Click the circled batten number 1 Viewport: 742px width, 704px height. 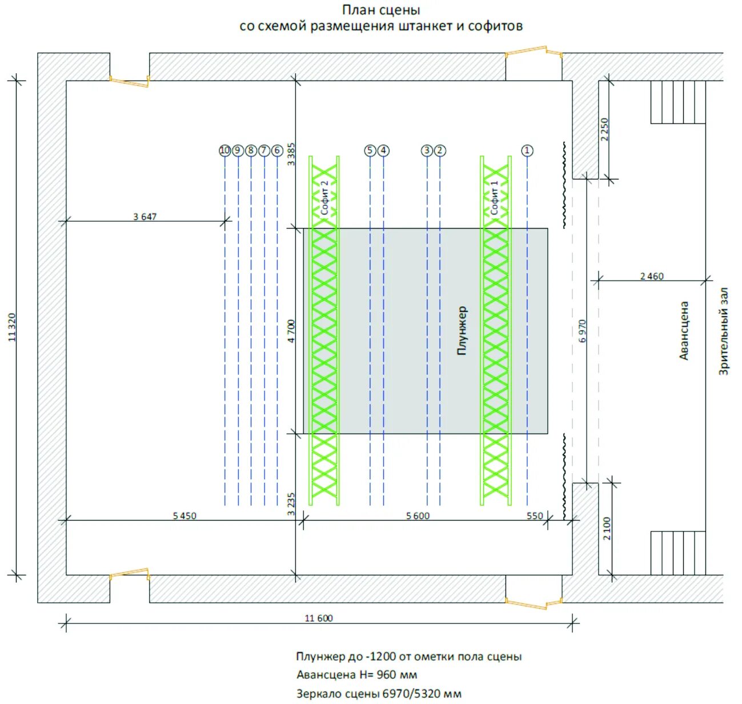tap(527, 150)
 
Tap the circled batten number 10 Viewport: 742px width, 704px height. tap(225, 150)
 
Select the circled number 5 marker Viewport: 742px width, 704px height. tap(370, 150)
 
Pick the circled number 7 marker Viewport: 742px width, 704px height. tap(264, 150)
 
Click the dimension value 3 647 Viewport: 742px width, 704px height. tap(145, 217)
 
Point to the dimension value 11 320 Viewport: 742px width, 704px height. tap(13, 327)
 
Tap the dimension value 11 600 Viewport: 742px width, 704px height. tap(319, 618)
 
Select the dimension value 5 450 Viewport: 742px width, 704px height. tap(185, 516)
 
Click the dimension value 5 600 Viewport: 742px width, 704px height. tap(418, 516)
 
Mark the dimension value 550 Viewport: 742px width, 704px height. tap(535, 516)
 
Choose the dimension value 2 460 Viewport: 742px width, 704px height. tap(652, 276)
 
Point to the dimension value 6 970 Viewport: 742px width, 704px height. tap(583, 331)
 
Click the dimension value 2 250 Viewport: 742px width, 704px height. tap(605, 129)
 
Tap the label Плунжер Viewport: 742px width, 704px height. tap(462, 331)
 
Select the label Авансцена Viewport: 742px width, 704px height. tap(684, 331)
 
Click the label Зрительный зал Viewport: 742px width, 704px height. tap(724, 331)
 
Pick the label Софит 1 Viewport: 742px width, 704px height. tap(495, 198)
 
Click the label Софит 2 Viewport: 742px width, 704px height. tap(324, 198)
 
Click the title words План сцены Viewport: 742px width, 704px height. tap(381, 10)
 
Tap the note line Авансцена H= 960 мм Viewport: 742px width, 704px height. tap(356, 675)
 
